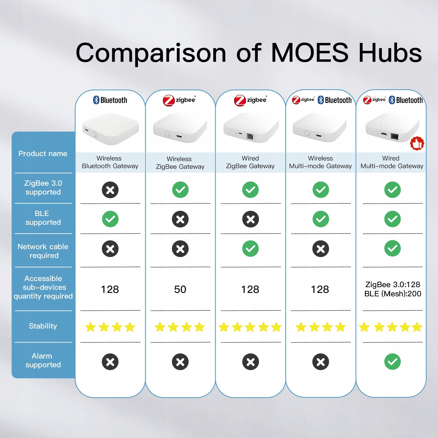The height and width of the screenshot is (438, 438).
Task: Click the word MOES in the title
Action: click(310, 53)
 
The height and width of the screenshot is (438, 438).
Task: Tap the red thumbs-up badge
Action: click(417, 143)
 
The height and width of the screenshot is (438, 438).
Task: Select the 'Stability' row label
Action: click(43, 326)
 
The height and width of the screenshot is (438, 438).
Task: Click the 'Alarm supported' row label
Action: click(43, 360)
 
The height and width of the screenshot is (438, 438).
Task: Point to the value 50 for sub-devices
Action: click(180, 289)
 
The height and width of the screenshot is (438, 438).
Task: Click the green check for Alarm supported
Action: click(392, 362)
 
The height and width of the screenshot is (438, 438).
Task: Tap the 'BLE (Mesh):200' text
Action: click(393, 294)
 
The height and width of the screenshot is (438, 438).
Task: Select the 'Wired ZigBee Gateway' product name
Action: click(250, 162)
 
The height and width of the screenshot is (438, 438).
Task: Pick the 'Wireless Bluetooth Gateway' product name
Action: click(110, 162)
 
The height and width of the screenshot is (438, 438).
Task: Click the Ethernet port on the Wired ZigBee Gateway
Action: click(250, 136)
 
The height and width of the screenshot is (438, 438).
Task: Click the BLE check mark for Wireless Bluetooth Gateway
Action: click(110, 219)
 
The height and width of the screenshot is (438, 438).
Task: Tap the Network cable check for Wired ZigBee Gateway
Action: click(250, 249)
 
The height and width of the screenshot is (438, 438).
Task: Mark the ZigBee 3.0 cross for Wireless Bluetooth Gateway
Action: click(110, 190)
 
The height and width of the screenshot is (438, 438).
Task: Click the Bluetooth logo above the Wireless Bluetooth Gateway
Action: click(110, 100)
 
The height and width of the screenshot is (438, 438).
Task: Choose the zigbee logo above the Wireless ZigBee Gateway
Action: click(180, 100)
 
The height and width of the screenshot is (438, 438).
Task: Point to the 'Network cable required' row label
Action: click(43, 251)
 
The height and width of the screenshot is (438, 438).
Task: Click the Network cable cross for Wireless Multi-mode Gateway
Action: click(321, 249)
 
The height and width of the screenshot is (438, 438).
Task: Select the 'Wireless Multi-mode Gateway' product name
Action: click(320, 162)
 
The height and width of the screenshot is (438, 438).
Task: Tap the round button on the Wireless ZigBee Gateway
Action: click(167, 134)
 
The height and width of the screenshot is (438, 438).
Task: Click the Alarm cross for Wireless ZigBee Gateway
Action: click(180, 362)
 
